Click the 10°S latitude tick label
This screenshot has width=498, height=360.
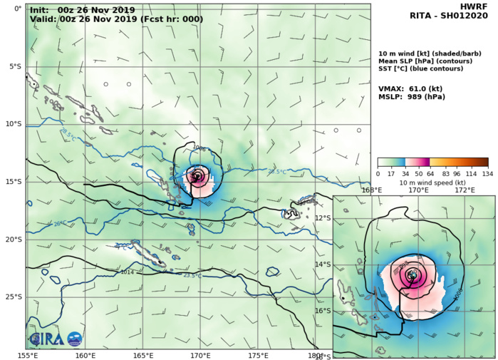tap(14, 124)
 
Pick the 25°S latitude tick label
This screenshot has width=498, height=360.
tap(14, 297)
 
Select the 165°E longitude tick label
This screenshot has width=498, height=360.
tap(142, 355)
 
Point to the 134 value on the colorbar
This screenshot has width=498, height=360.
tap(487, 173)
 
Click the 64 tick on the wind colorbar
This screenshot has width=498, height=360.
tap(430, 173)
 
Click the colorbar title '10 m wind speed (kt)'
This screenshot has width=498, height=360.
tap(432, 182)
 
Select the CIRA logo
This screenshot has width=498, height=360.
tap(45, 338)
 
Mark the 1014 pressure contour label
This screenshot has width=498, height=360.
tap(128, 272)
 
